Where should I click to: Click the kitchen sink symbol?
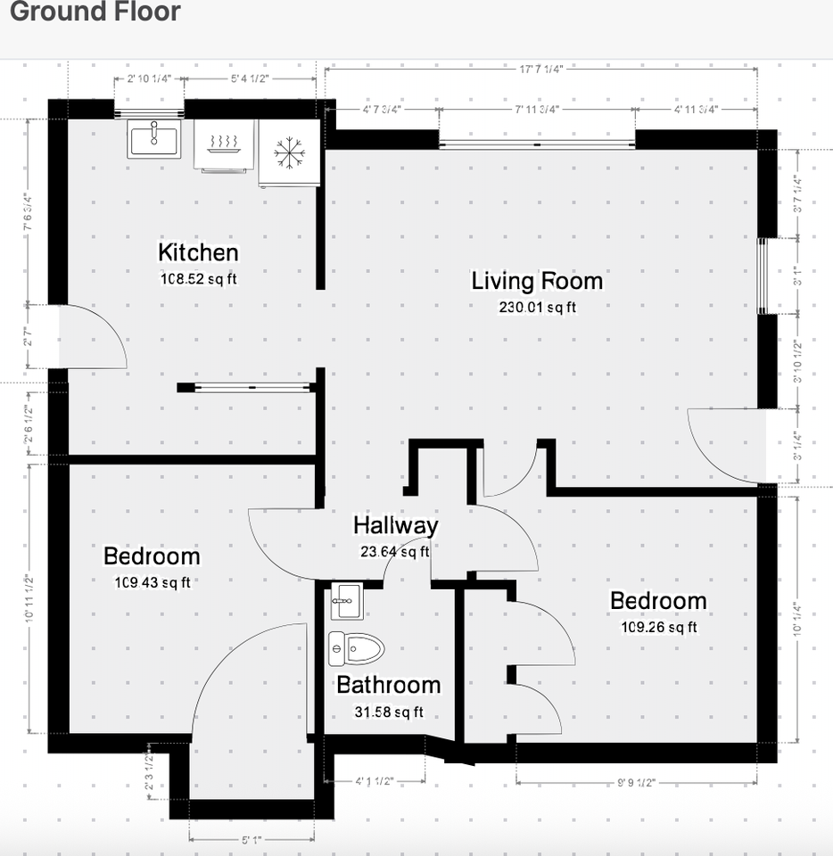[x=153, y=139]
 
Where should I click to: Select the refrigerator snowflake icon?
[x=288, y=152]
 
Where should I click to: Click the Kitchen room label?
[x=198, y=252]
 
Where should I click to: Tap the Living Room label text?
[x=537, y=282]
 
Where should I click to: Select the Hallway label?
[x=395, y=525]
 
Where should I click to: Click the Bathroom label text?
[x=388, y=685]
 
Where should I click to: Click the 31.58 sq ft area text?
[x=388, y=712]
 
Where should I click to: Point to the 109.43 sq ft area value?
[x=152, y=583]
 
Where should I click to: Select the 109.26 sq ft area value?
[x=658, y=627]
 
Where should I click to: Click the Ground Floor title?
[x=95, y=12]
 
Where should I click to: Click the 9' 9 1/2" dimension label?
[x=636, y=783]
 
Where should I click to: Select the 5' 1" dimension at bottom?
[x=252, y=840]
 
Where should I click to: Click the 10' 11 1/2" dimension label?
[x=29, y=597]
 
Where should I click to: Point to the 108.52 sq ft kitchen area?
[x=198, y=278]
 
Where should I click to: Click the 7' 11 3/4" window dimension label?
[x=537, y=109]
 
